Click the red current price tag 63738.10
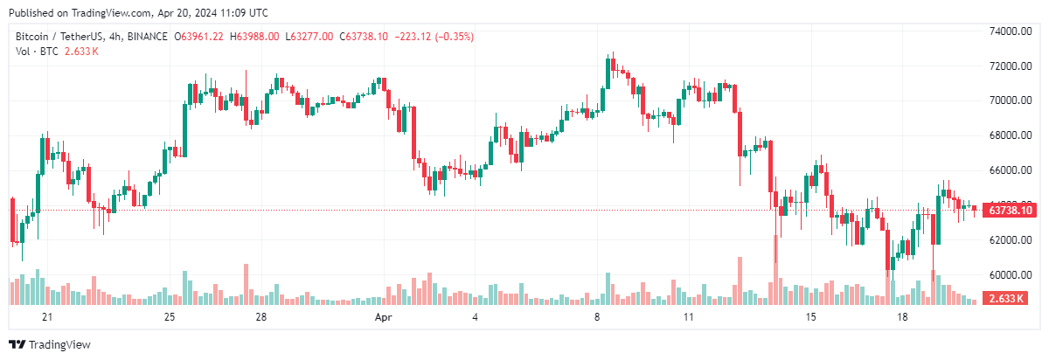click(x=1009, y=211)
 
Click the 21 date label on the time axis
click(x=47, y=316)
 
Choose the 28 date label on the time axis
click(x=261, y=316)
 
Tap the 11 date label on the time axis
click(x=689, y=316)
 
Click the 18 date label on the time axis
click(x=903, y=316)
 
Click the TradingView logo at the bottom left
click(x=50, y=345)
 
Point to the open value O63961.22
click(x=198, y=37)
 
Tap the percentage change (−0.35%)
click(x=449, y=37)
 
